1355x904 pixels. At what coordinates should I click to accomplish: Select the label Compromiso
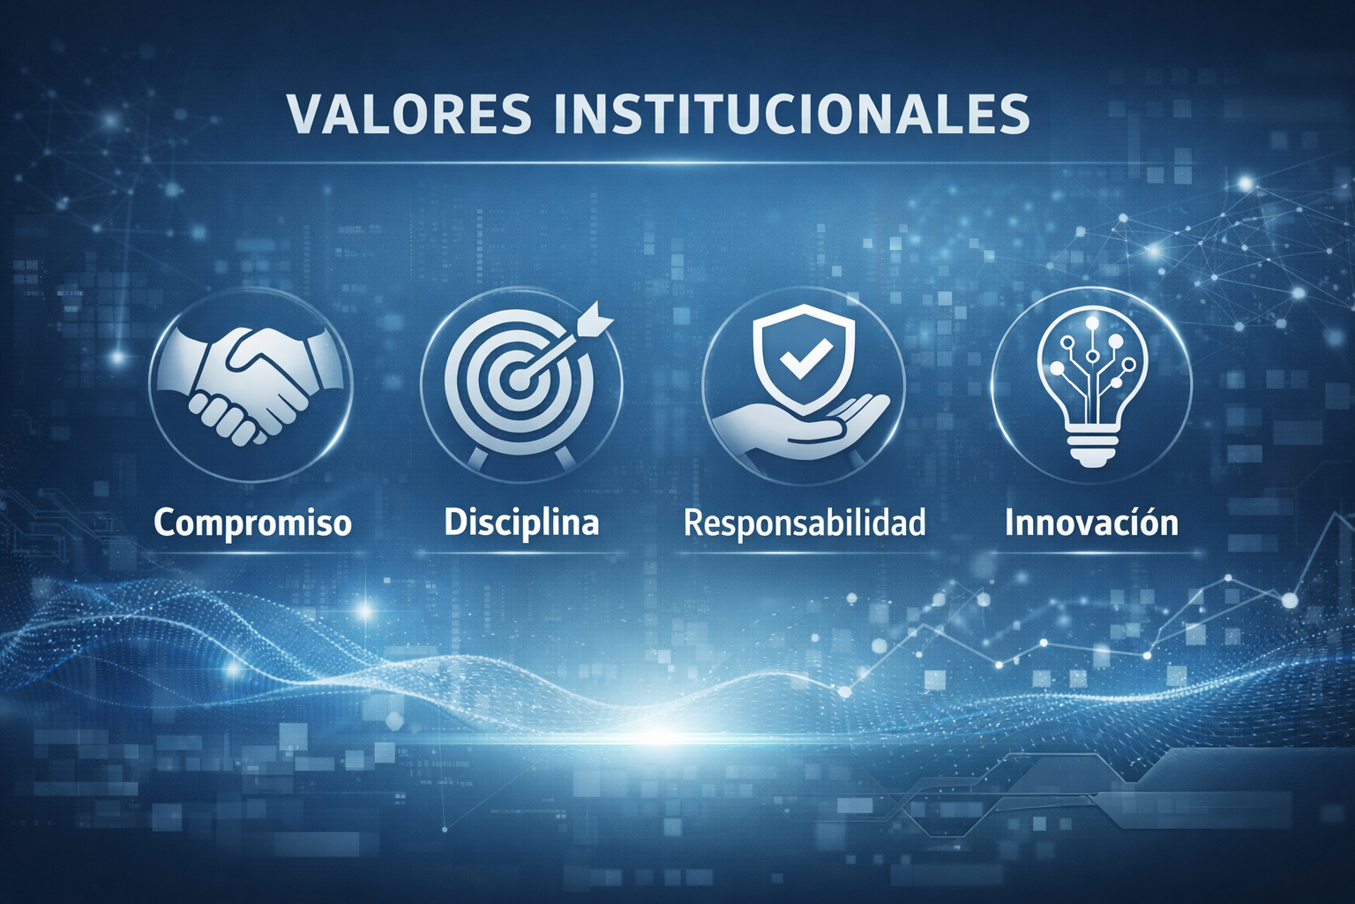click(x=253, y=524)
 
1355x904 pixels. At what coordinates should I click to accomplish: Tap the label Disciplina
click(x=521, y=522)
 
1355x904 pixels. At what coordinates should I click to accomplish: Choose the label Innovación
click(x=1092, y=522)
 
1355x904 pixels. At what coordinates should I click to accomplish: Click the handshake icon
click(x=251, y=385)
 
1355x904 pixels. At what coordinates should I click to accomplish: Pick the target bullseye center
click(x=518, y=380)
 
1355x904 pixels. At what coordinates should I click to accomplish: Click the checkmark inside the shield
click(x=800, y=362)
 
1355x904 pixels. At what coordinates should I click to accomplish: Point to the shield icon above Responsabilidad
click(x=803, y=360)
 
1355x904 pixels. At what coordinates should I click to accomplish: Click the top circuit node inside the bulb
click(x=1092, y=324)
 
